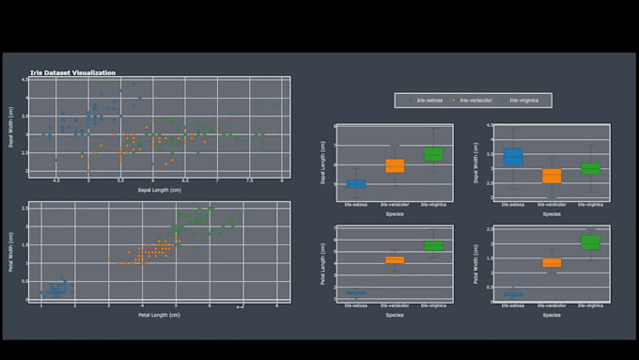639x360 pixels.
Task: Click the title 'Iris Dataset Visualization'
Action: (x=72, y=72)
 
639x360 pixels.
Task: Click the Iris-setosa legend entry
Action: (x=429, y=100)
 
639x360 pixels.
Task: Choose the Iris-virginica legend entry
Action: (x=522, y=100)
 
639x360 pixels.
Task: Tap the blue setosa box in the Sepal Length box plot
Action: (x=356, y=184)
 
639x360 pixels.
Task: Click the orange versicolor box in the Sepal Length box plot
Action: (x=395, y=166)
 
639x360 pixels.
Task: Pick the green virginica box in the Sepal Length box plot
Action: (x=433, y=154)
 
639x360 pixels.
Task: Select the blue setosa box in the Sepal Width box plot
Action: (x=513, y=157)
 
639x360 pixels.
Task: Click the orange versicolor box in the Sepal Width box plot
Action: (x=552, y=176)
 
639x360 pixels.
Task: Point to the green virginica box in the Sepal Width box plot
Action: (x=590, y=169)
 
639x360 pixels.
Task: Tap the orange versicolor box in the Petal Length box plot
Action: (x=395, y=260)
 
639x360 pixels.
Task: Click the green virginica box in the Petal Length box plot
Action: (x=433, y=245)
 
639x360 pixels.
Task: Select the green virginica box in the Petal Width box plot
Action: (x=590, y=243)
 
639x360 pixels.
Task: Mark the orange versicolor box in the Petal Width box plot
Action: (x=552, y=263)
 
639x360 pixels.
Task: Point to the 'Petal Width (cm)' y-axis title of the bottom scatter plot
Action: (x=11, y=251)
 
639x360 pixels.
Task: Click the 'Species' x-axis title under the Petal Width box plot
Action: (x=552, y=315)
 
